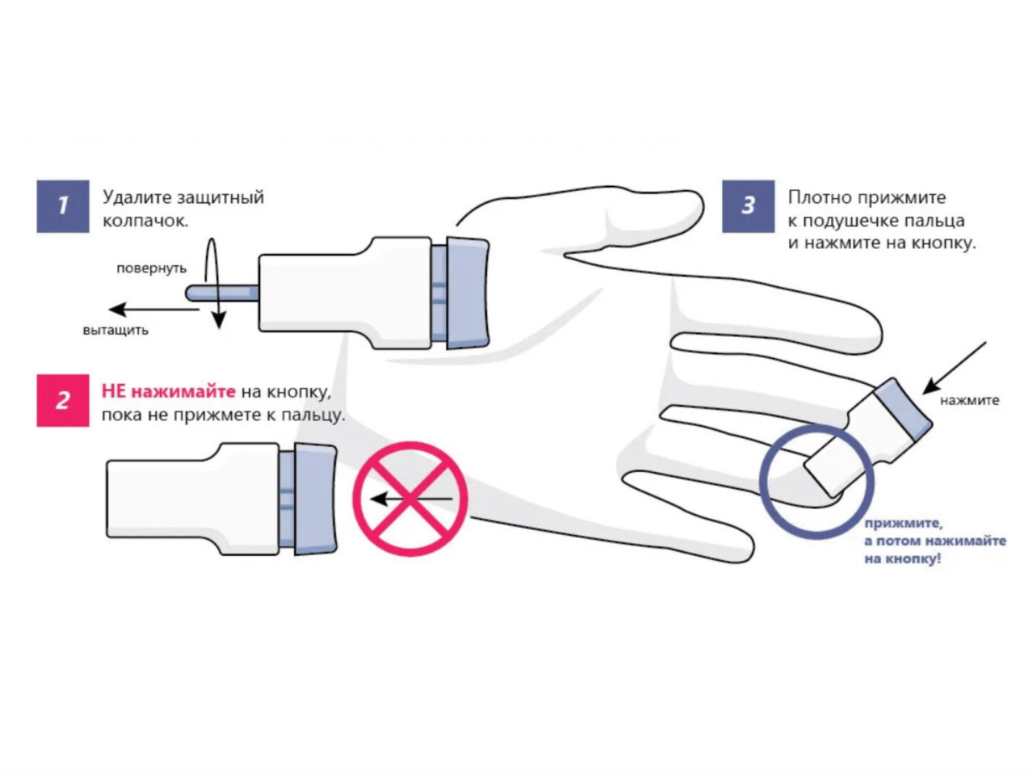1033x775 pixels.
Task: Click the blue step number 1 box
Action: point(63,206)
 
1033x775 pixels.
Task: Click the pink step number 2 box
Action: point(63,401)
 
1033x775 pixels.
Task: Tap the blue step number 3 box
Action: point(748,206)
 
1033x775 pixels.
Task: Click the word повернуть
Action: point(151,268)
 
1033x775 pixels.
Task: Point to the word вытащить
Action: point(116,330)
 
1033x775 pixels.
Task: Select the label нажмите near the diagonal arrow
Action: point(969,401)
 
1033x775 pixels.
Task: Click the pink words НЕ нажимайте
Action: point(168,392)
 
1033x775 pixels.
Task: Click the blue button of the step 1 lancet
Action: point(468,293)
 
